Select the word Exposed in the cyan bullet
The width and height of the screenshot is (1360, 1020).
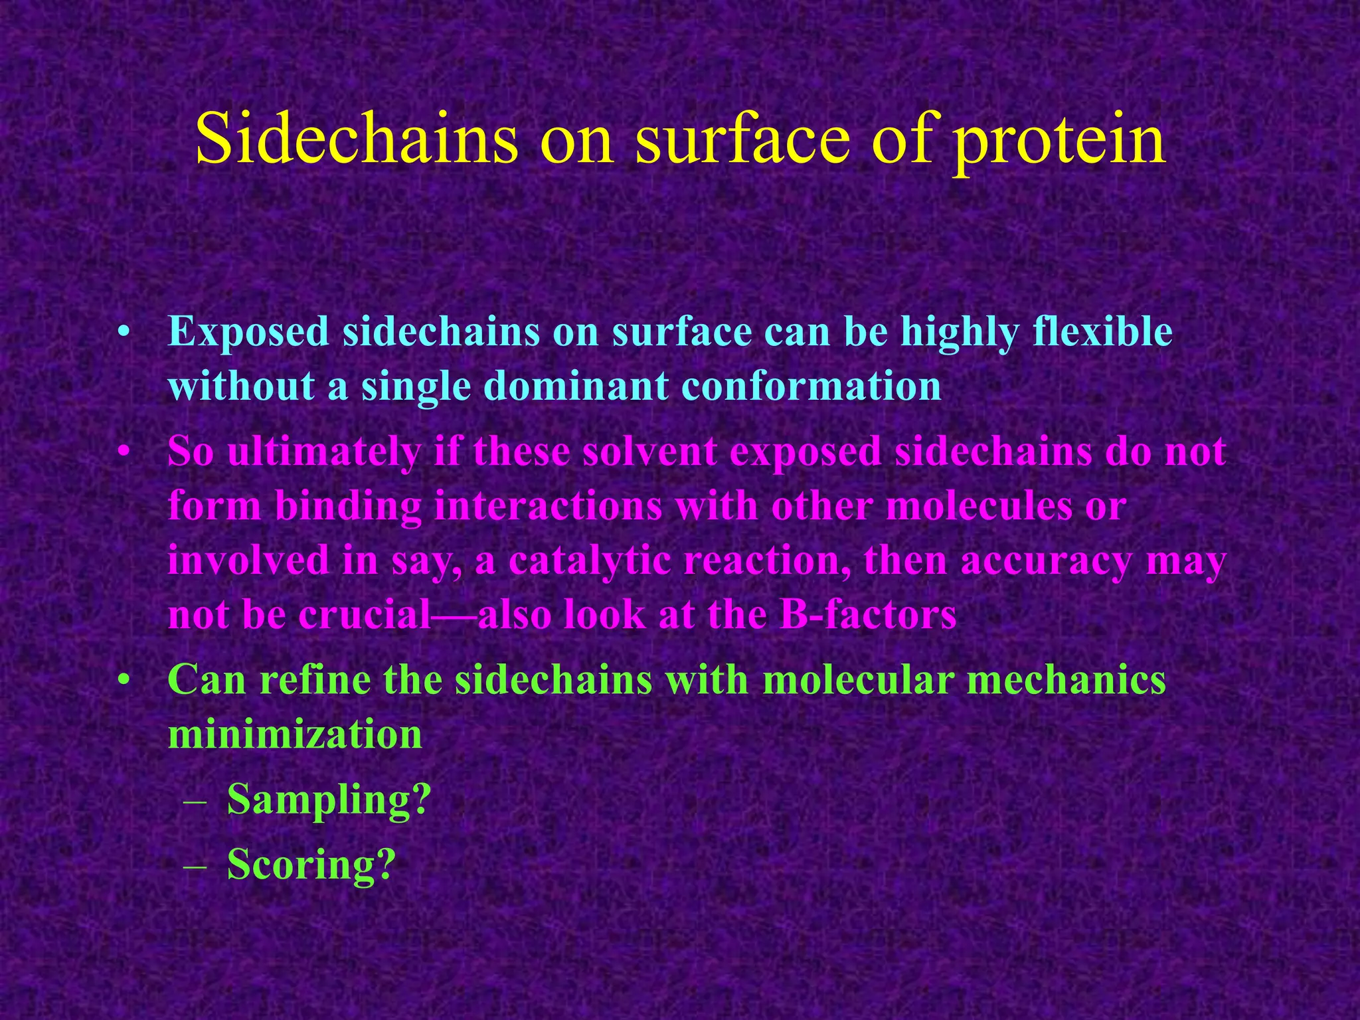click(248, 332)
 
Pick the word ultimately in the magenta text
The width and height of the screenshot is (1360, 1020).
click(323, 453)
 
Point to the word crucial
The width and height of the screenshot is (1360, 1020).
click(365, 615)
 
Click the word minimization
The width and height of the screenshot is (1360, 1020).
click(295, 734)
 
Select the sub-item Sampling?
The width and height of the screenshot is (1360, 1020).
click(329, 800)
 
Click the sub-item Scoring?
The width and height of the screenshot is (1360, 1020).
click(311, 865)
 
